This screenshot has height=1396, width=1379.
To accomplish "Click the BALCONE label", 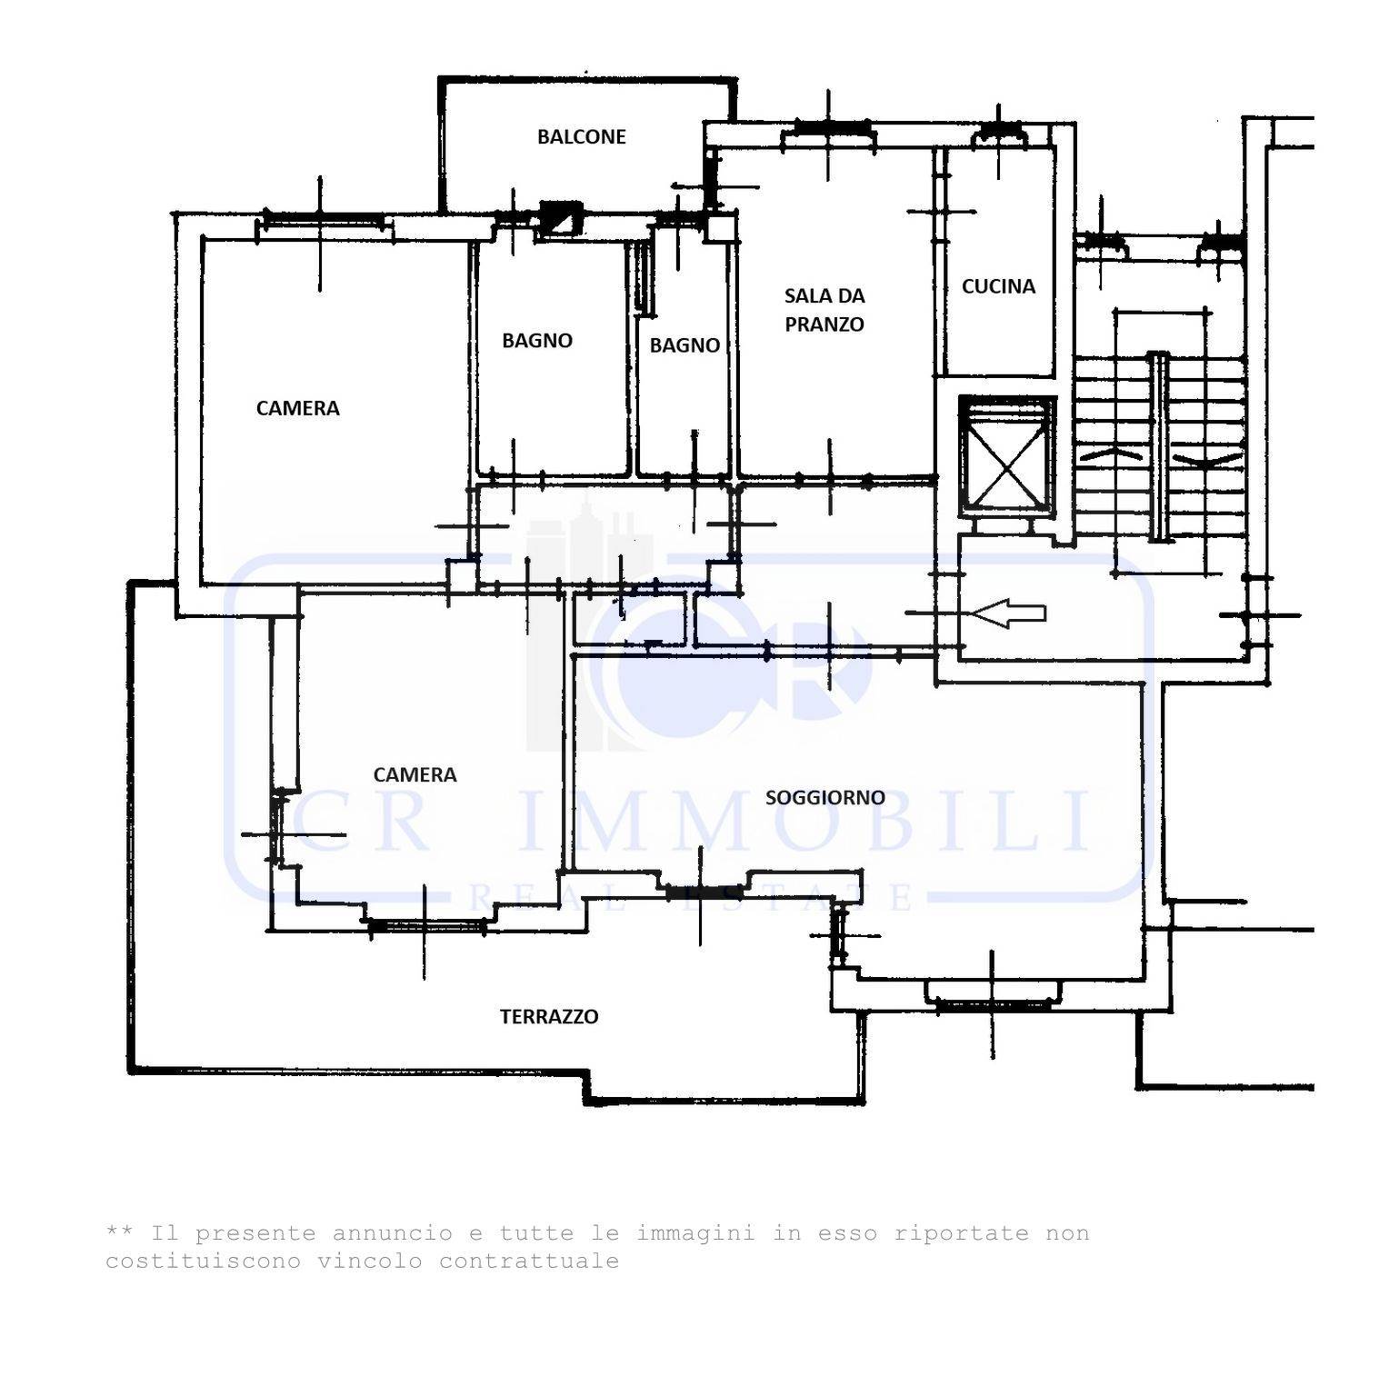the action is (x=582, y=137).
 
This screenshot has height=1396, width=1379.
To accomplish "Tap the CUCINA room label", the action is (x=998, y=286).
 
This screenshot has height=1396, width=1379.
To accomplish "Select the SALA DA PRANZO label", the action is (x=824, y=310).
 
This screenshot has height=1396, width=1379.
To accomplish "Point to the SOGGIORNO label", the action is (x=824, y=798).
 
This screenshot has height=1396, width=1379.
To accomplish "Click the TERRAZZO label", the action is (x=549, y=1017).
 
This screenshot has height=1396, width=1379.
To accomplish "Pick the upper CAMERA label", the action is (x=297, y=409).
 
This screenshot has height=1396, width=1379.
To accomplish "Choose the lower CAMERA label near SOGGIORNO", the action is (x=415, y=775).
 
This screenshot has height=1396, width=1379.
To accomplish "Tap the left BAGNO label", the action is (x=537, y=341).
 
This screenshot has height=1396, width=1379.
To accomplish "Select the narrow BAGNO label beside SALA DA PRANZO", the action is (x=685, y=345).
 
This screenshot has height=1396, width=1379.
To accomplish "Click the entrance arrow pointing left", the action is (x=1008, y=613).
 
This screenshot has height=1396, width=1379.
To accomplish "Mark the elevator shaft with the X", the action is (x=1007, y=457).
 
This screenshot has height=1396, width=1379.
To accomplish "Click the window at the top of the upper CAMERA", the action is (x=322, y=219).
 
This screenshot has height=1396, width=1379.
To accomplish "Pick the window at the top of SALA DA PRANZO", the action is (x=829, y=133).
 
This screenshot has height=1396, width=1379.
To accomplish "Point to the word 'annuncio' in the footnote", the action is (x=393, y=1234).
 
